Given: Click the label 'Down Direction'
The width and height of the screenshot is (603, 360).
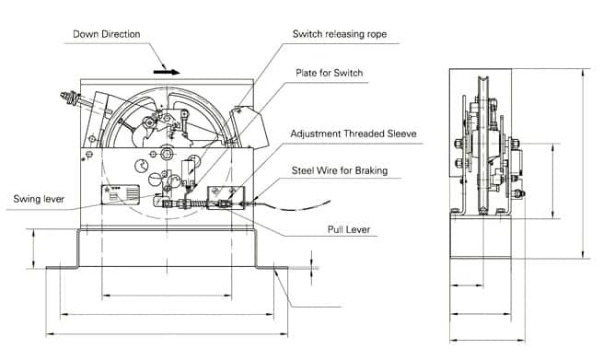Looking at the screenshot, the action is click(x=107, y=34).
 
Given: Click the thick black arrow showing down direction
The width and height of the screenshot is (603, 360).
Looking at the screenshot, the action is click(x=167, y=72).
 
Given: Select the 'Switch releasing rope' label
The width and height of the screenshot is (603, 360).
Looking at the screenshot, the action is click(x=340, y=34).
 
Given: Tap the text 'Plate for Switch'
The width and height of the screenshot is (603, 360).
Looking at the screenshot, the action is click(x=330, y=73).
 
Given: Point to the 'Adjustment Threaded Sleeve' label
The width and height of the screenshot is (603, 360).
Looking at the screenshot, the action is click(x=354, y=134).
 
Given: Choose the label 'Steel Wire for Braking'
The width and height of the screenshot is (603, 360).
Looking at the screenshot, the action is click(x=340, y=170).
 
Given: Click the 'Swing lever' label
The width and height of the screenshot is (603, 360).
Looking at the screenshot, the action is click(x=39, y=199).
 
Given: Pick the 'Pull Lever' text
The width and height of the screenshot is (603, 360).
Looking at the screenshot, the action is click(x=349, y=229).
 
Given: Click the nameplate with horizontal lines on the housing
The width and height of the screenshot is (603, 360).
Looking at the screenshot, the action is click(x=121, y=194).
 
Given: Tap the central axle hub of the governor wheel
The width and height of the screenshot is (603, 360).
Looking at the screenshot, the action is click(x=167, y=155).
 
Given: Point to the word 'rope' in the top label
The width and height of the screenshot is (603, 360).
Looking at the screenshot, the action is click(x=377, y=35).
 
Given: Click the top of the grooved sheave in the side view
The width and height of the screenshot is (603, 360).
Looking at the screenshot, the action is click(x=481, y=78).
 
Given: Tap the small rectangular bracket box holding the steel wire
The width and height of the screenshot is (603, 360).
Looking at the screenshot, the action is click(x=226, y=197).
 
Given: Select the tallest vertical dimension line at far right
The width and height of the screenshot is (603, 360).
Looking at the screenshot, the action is click(x=585, y=164).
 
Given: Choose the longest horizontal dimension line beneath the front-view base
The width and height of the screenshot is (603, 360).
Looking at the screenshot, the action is click(x=167, y=334).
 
